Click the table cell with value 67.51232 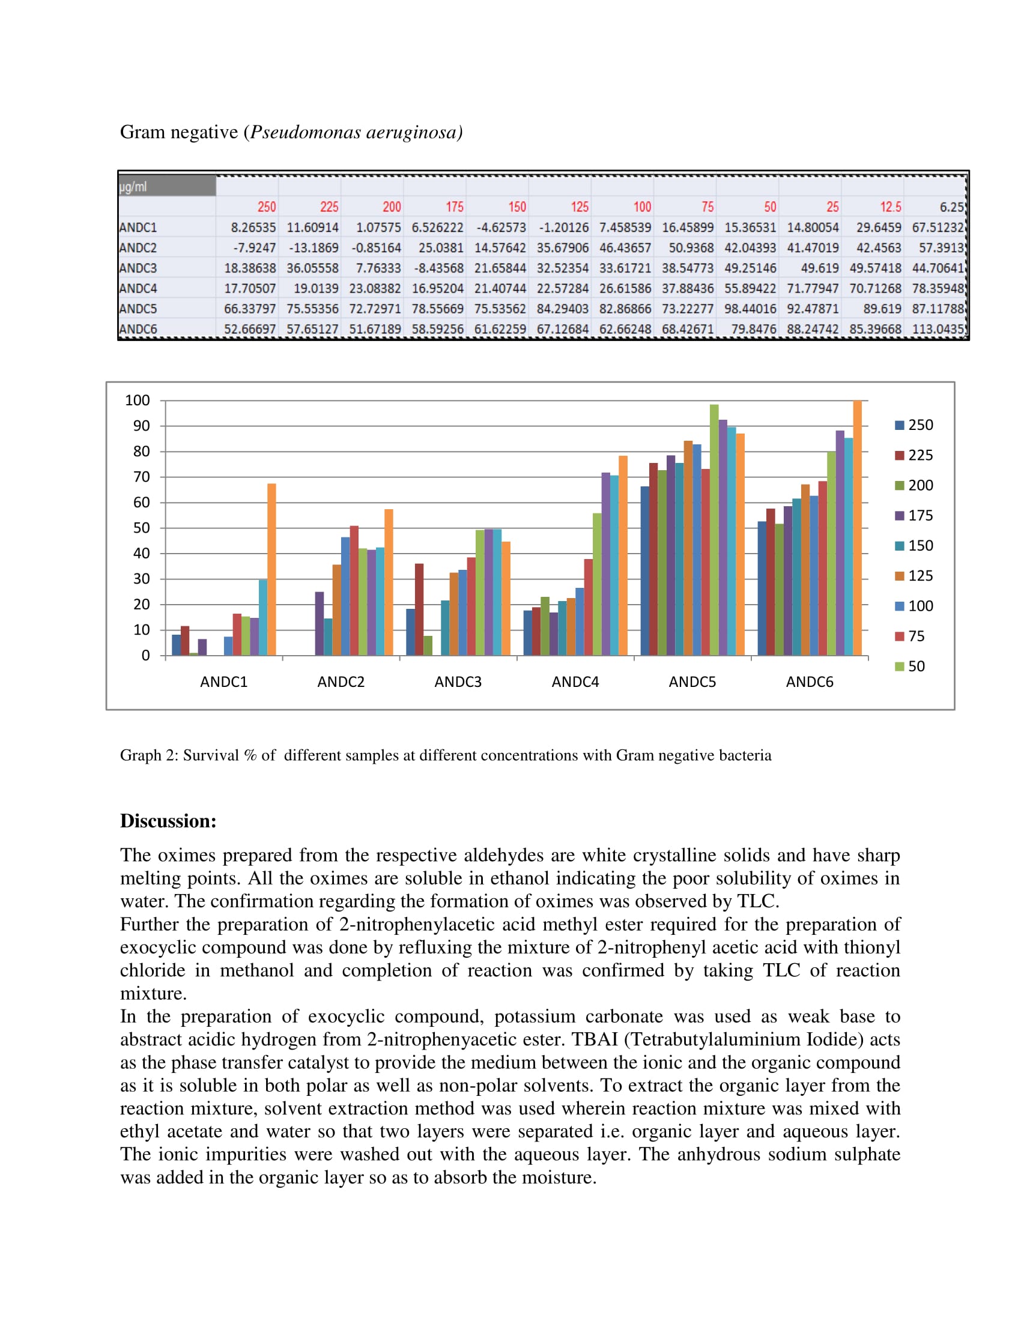pos(937,228)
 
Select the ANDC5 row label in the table pos(139,309)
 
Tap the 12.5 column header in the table pos(889,207)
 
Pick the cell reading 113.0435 pos(937,329)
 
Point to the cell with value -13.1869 pos(314,247)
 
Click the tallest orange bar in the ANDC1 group pos(271,569)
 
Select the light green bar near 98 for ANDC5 pos(714,529)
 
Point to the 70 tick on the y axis pos(141,477)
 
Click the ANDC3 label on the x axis pos(458,682)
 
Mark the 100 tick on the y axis pos(138,400)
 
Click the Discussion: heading pos(168,821)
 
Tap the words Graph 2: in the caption pos(149,755)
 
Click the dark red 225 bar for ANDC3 pos(419,609)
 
